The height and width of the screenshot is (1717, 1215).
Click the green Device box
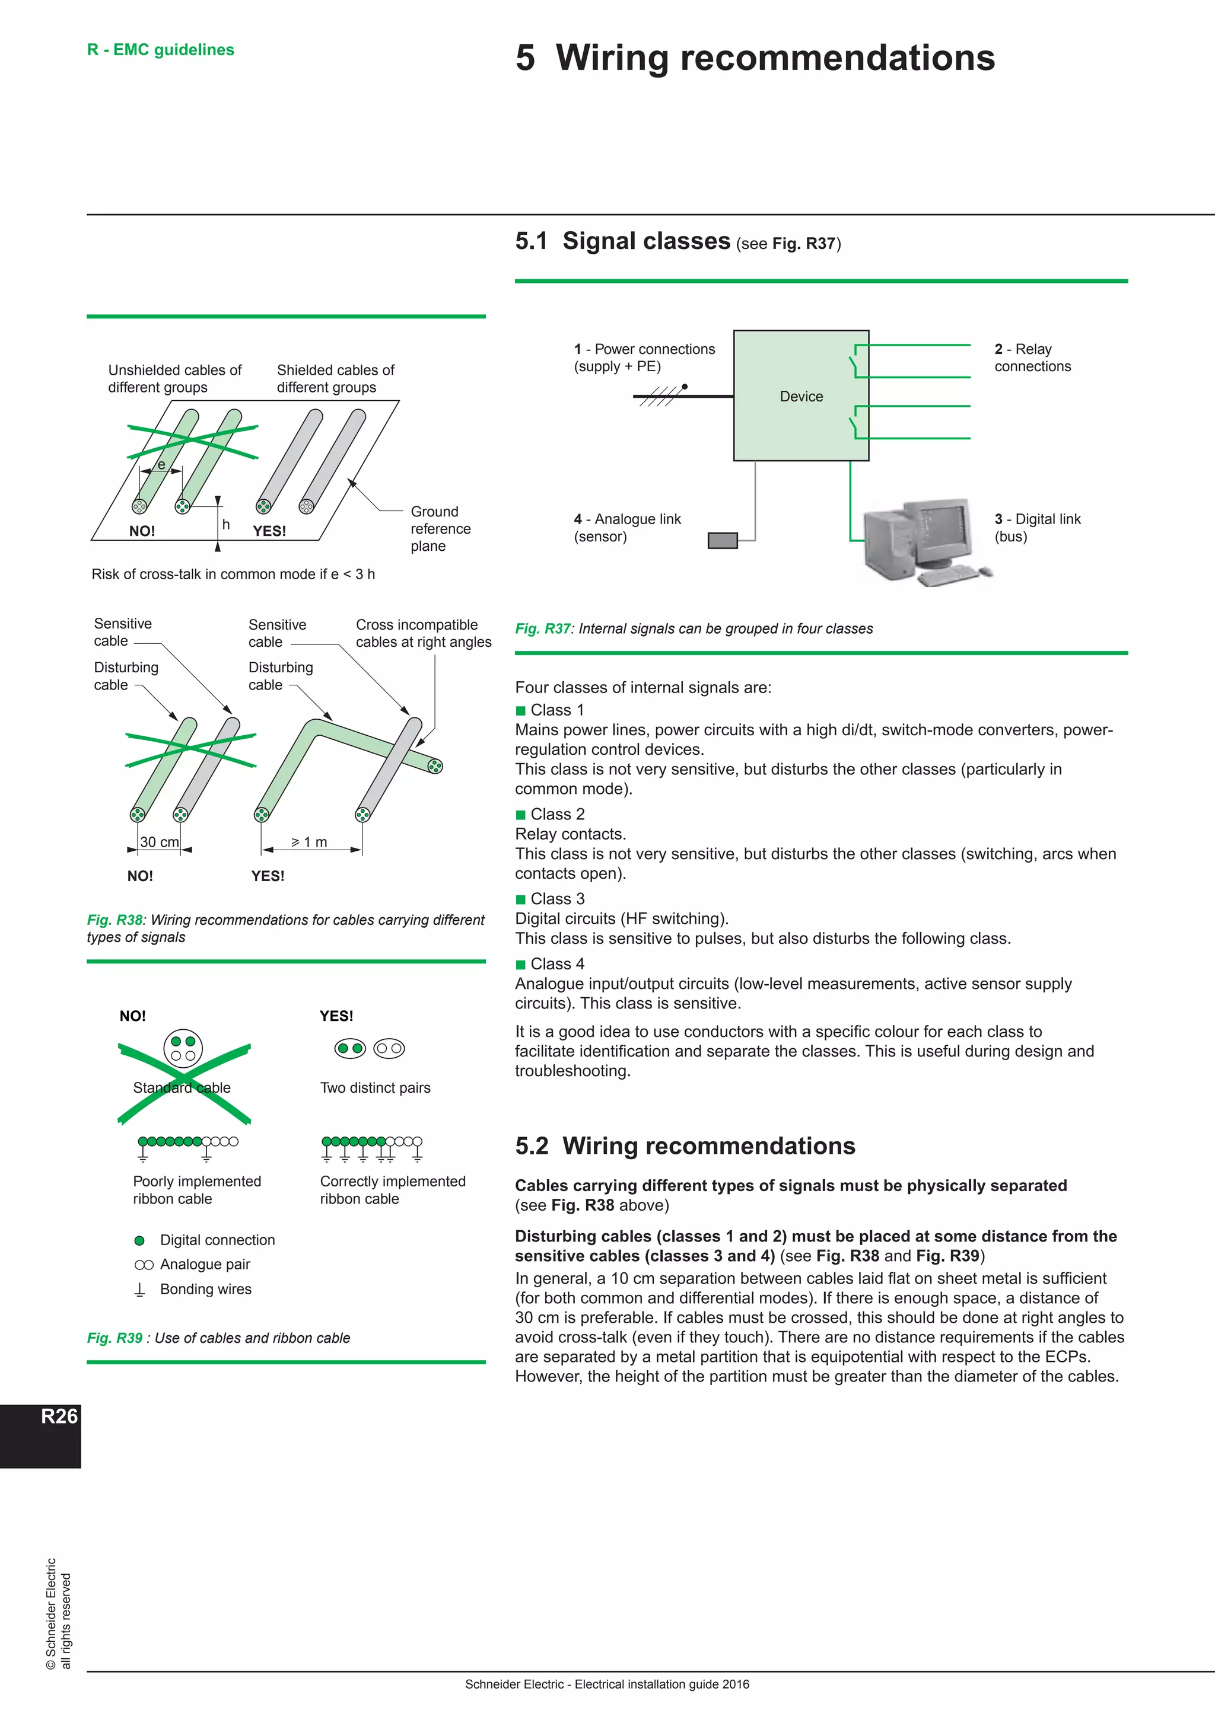tap(800, 395)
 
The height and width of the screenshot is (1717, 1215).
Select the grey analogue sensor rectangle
tap(722, 540)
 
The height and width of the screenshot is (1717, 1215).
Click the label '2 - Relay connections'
tap(1032, 358)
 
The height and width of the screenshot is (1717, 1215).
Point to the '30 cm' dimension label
tap(160, 842)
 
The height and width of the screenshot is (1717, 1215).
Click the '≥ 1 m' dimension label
tap(310, 842)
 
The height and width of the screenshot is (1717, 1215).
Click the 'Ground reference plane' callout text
tap(440, 529)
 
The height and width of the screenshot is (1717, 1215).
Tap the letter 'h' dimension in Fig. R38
tap(226, 524)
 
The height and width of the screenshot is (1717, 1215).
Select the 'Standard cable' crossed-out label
tap(182, 1087)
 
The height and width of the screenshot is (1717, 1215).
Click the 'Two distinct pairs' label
tap(375, 1087)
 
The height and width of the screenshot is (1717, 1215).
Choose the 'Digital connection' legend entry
tap(217, 1240)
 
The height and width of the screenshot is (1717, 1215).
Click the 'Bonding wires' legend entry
tap(206, 1288)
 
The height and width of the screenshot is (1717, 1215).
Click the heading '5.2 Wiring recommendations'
tap(685, 1145)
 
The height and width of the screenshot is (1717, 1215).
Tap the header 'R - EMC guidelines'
tap(161, 49)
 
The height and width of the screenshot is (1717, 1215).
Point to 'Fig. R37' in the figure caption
tap(542, 628)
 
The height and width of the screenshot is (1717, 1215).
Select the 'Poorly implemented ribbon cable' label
tap(197, 1190)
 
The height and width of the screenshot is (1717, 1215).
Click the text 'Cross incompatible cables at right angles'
tap(424, 633)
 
